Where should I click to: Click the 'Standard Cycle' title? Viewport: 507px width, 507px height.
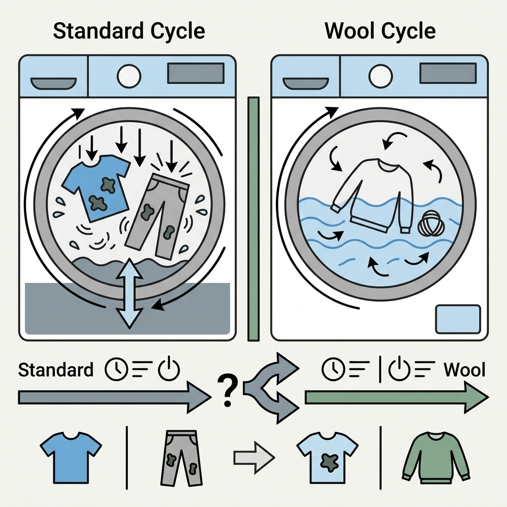click(x=129, y=31)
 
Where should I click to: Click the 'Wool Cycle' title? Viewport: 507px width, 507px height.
click(x=380, y=31)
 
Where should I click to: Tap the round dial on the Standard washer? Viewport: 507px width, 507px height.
click(x=129, y=77)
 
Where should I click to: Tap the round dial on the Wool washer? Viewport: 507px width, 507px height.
click(x=381, y=77)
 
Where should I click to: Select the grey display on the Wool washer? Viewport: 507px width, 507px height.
click(x=448, y=73)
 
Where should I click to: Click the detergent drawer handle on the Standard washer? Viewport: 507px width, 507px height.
click(x=53, y=83)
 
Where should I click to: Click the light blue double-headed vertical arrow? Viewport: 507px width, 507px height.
click(x=129, y=293)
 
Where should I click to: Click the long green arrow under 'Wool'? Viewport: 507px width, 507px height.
click(x=397, y=397)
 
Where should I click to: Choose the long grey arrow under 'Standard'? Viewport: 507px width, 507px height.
click(x=115, y=398)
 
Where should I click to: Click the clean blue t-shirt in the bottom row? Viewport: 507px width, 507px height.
click(x=71, y=457)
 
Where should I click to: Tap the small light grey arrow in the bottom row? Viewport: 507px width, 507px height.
click(x=254, y=457)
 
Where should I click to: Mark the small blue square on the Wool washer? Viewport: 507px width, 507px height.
click(x=458, y=319)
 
